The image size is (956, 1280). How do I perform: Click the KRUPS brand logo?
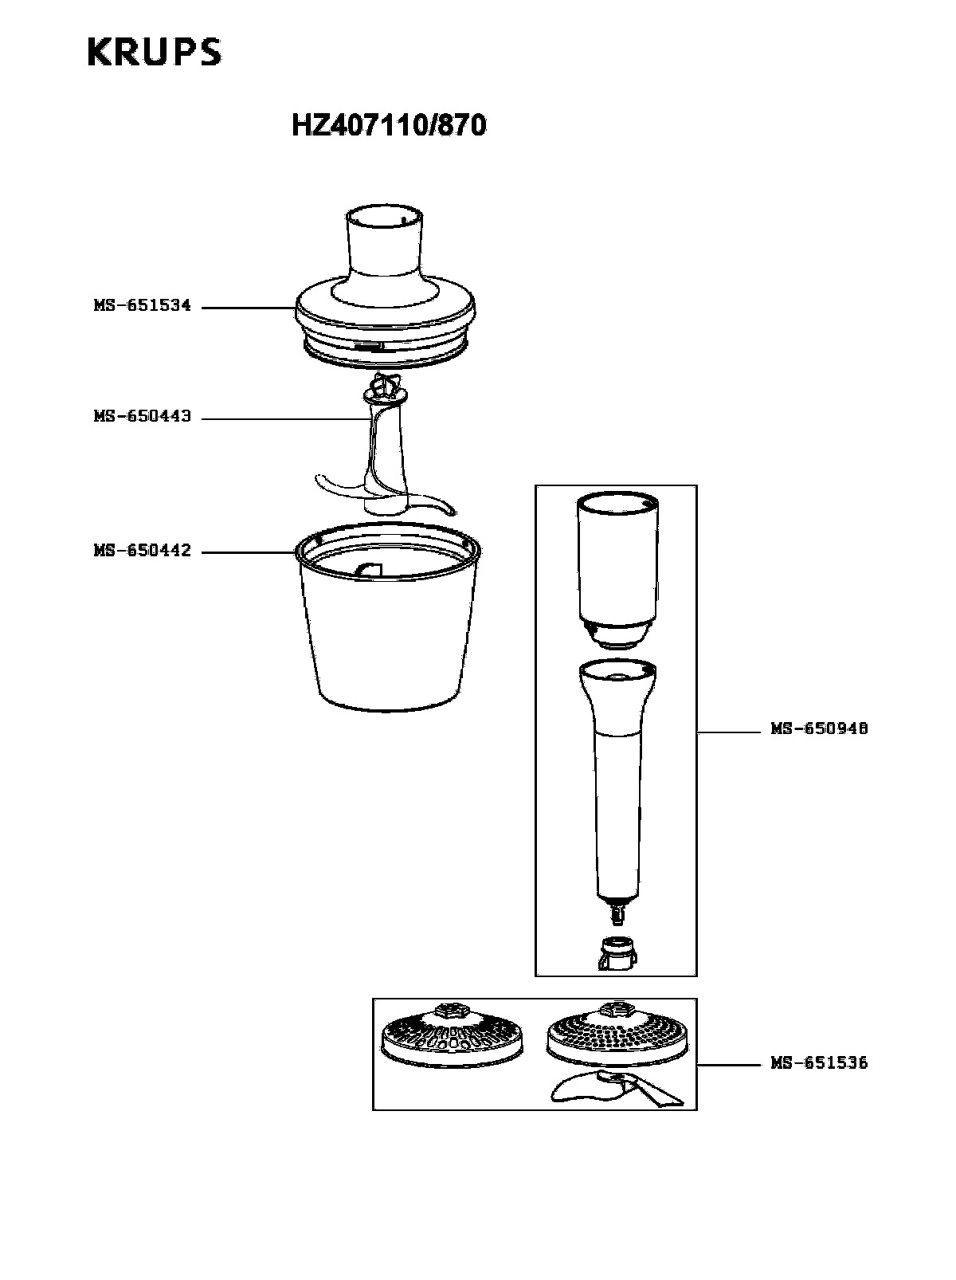tap(155, 52)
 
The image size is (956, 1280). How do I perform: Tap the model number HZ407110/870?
tap(389, 125)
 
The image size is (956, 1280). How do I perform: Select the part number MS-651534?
tap(143, 305)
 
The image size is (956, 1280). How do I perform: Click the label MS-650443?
tap(143, 416)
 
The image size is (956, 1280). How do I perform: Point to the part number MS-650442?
tap(143, 551)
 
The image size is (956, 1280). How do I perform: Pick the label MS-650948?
tap(819, 729)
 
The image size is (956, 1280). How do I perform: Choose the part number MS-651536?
tap(819, 1063)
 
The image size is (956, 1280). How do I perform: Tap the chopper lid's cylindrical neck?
tap(384, 245)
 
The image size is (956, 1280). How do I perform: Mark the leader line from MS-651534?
tap(249, 308)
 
